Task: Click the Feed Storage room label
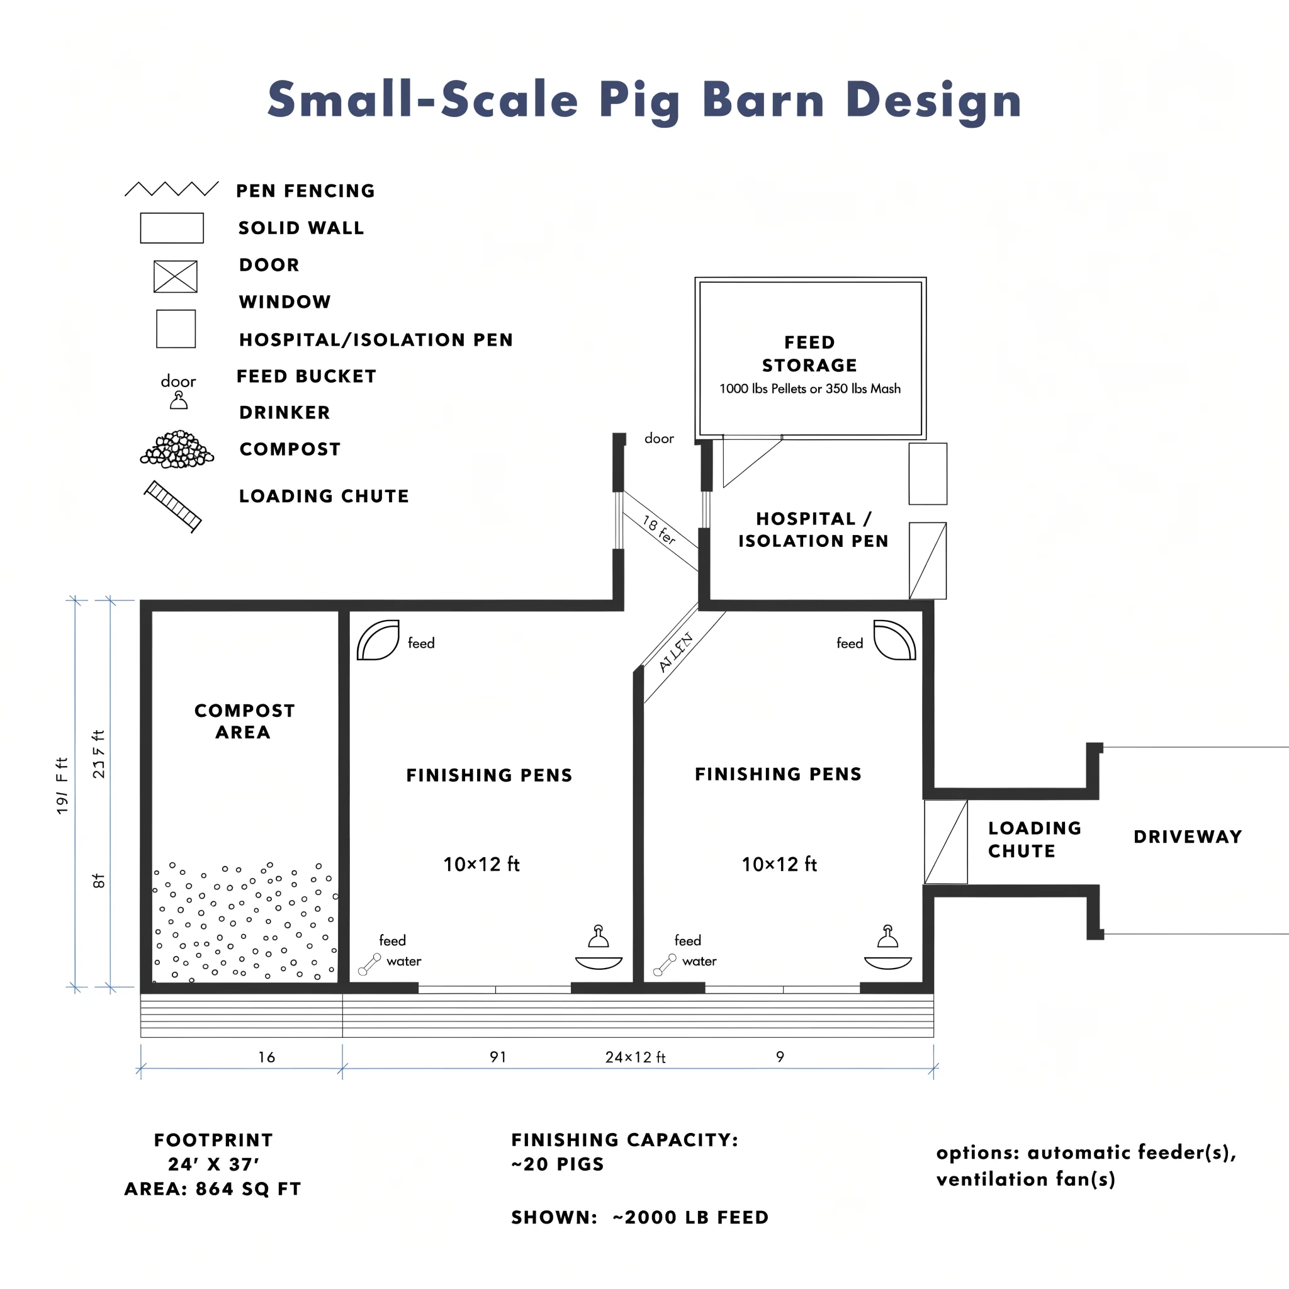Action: coord(809,354)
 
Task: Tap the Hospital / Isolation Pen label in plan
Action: coord(813,530)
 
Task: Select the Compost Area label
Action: coord(244,721)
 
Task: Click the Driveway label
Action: coord(1188,836)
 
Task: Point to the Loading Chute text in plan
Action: coord(1034,840)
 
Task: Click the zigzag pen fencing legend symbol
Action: coord(171,189)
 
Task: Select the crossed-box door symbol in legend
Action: coord(176,276)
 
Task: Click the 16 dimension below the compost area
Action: coord(266,1057)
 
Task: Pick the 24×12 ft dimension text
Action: coord(635,1057)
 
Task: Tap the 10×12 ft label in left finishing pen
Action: coord(481,865)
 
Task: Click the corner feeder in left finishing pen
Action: coord(378,641)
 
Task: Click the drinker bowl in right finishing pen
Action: coord(887,962)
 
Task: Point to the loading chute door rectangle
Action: coord(945,842)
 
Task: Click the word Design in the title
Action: coord(933,100)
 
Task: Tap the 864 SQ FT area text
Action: coord(248,1189)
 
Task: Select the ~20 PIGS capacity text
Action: coord(557,1164)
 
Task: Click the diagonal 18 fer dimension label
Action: coord(659,529)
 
